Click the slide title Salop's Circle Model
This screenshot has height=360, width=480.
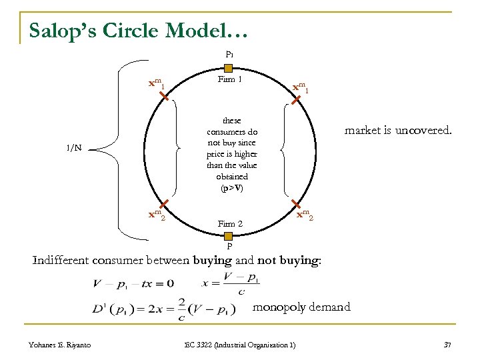tap(138, 30)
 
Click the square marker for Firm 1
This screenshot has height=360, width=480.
tap(228, 68)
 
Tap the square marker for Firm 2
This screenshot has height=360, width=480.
tap(228, 236)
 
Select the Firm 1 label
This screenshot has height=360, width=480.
tap(229, 79)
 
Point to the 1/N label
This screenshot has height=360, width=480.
tap(73, 148)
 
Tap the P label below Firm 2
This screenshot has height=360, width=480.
tap(229, 246)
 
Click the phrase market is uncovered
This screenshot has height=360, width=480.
tap(397, 131)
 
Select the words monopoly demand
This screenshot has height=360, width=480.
tap(301, 307)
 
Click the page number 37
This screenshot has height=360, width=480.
tap(447, 344)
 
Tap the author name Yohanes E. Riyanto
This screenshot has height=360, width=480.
tap(60, 344)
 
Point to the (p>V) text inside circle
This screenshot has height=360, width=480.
tap(231, 188)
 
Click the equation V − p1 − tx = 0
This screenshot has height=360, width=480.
tap(133, 283)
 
